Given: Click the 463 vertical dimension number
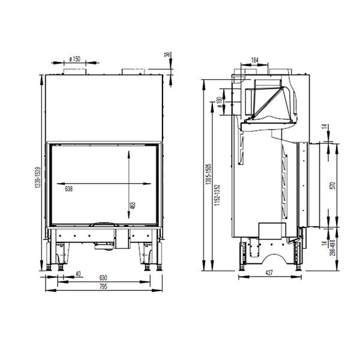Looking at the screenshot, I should (133, 206).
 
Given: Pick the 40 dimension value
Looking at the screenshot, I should (79, 275).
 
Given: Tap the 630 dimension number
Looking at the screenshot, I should (104, 278).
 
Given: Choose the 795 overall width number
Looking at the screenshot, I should (104, 287).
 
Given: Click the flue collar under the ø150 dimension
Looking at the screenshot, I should (76, 73).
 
